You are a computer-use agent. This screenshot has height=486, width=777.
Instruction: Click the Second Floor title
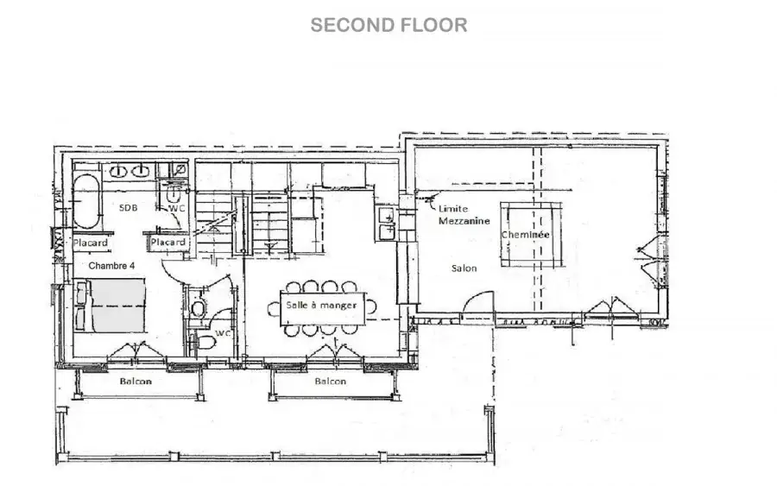(388, 25)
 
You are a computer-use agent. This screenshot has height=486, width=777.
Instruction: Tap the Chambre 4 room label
(111, 266)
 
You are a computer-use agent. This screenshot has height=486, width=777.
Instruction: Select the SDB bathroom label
(129, 207)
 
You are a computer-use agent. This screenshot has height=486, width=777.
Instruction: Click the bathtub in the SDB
(87, 200)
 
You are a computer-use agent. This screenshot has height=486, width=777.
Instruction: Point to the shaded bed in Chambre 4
(110, 306)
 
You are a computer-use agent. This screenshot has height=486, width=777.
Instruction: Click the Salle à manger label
(322, 306)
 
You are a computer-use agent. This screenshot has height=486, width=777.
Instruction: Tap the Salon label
(464, 268)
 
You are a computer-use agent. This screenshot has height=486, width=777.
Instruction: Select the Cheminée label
(525, 234)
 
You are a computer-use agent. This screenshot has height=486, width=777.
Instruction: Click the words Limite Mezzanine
(464, 215)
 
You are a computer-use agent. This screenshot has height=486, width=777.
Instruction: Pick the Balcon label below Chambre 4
(136, 381)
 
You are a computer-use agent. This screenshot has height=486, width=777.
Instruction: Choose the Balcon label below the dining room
(331, 381)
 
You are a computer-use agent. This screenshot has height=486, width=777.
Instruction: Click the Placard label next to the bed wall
(91, 243)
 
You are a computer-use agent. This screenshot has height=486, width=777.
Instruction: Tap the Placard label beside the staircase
(168, 243)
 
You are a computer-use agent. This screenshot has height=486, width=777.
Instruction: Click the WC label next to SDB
(176, 209)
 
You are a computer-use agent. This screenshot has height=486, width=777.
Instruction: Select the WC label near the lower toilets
(223, 333)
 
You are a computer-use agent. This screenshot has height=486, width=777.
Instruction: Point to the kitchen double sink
(387, 224)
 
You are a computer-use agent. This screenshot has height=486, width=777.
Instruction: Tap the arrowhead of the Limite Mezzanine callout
(427, 199)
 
